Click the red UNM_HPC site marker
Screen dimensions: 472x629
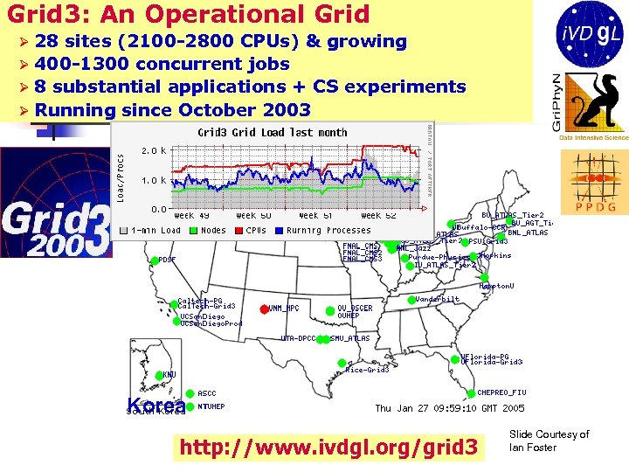pos(264,308)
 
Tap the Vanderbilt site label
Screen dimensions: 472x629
pos(438,299)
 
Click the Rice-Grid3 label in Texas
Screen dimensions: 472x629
pos(367,370)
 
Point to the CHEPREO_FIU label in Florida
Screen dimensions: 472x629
pos(501,393)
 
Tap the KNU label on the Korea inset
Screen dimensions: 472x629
pos(169,374)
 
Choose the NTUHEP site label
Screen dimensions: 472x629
pos(211,406)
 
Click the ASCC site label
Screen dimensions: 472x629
pos(207,393)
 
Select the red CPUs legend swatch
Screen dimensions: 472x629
pos(237,231)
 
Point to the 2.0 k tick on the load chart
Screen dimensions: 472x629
pos(154,150)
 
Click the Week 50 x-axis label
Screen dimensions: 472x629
pos(253,216)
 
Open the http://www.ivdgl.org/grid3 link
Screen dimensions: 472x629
pos(328,448)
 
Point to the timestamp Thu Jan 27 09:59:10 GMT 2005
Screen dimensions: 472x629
pos(450,408)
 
